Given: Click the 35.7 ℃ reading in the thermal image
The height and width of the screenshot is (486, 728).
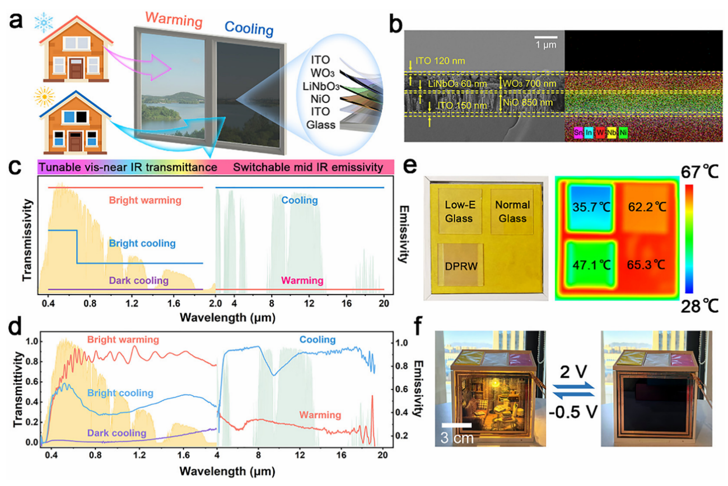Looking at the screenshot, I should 591,207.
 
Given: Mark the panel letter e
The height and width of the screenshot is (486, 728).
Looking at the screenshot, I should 408,166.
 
